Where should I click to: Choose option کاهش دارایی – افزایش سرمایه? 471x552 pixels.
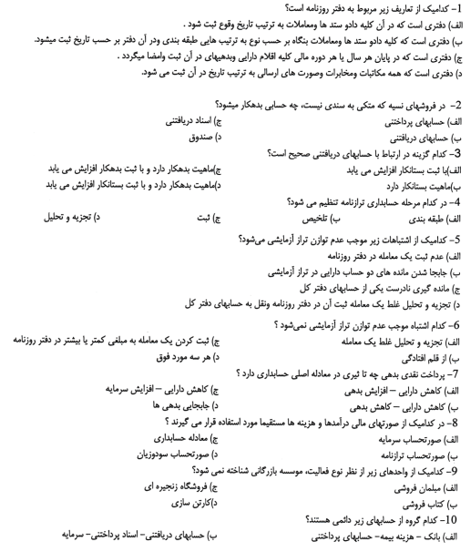click(152, 394)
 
